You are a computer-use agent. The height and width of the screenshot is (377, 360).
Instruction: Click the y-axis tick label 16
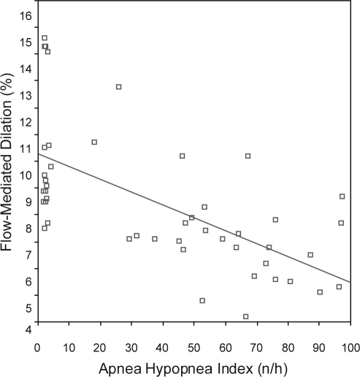25,15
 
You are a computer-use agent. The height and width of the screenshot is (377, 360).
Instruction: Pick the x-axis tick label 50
194,344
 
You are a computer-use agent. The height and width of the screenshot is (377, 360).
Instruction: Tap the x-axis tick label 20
100,344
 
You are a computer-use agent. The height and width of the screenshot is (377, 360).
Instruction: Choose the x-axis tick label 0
37,344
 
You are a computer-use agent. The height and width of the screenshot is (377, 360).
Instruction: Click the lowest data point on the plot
246,316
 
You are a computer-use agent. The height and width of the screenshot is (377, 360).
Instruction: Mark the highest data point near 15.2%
45,38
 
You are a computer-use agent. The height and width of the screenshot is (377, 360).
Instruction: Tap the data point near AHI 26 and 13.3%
118,87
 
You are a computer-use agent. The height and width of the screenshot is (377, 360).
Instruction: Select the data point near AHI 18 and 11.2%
94,142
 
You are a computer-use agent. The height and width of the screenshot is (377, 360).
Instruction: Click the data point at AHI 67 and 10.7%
248,156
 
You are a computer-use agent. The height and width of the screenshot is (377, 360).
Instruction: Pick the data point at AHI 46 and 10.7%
183,156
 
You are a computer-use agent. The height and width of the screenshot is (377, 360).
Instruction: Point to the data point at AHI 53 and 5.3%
202,300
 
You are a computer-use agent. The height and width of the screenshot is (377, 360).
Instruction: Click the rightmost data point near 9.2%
342,196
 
